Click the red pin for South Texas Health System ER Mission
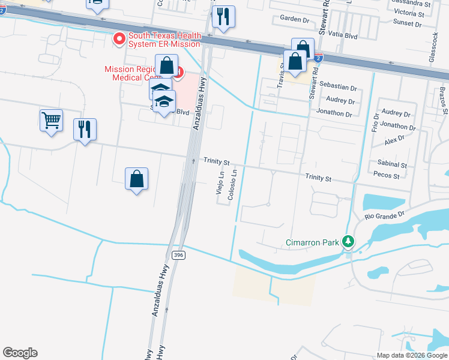(119, 40)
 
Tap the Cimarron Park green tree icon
(348, 242)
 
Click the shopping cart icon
(51, 119)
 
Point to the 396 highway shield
(178, 255)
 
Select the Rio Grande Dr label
(385, 214)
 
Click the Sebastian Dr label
(338, 86)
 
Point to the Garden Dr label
(294, 19)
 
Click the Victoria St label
(409, 13)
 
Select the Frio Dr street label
(375, 123)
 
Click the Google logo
(20, 353)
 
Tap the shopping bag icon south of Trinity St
(137, 179)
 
